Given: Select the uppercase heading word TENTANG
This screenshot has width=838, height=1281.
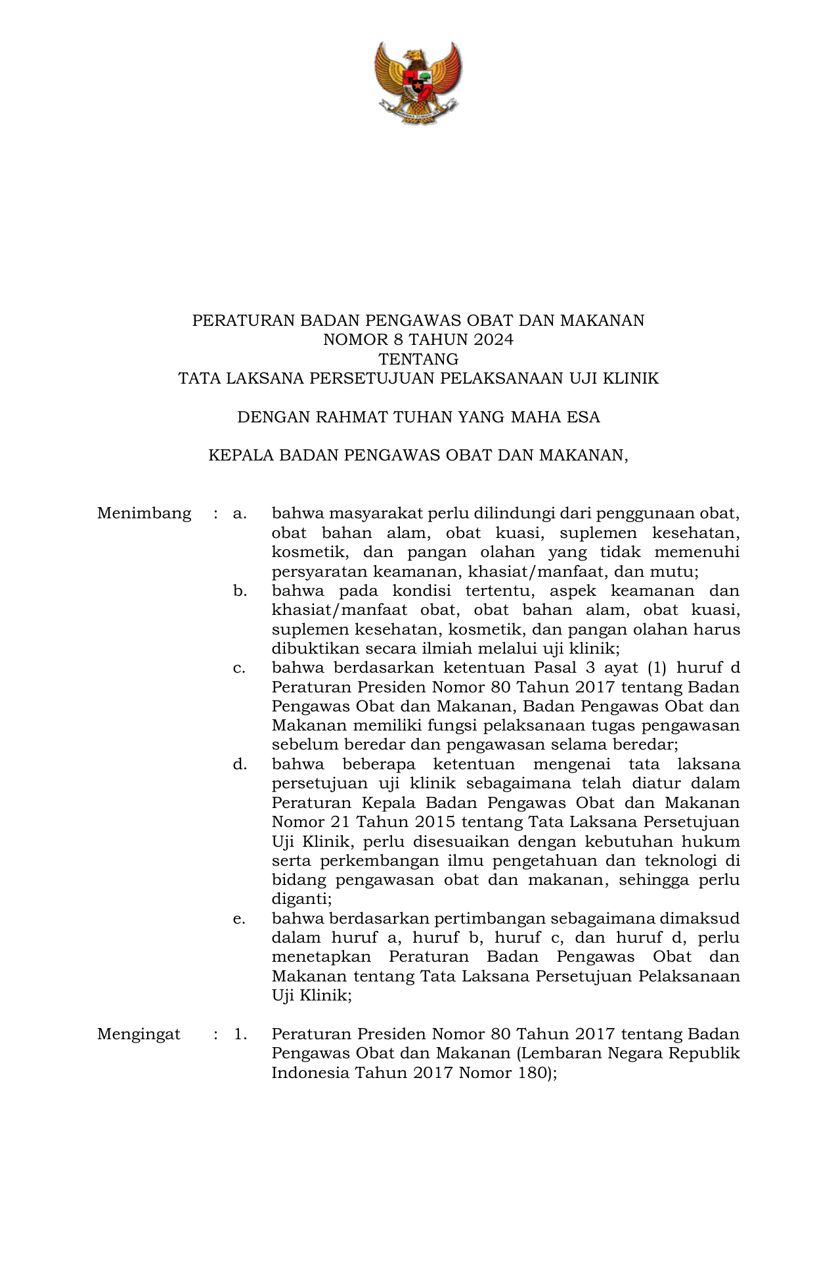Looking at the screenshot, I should pyautogui.click(x=418, y=359).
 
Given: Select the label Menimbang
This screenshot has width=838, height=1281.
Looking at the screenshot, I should pyautogui.click(x=144, y=513).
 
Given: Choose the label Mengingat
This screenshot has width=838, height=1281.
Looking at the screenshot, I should pyautogui.click(x=139, y=1034).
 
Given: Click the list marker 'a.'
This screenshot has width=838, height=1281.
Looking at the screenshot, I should pyautogui.click(x=240, y=513).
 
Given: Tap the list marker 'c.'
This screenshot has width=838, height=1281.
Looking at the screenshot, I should pyautogui.click(x=240, y=668).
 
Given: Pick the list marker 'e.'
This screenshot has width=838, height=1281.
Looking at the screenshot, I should pyautogui.click(x=240, y=918).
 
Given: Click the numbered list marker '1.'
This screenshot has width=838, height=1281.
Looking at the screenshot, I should pyautogui.click(x=240, y=1034).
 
